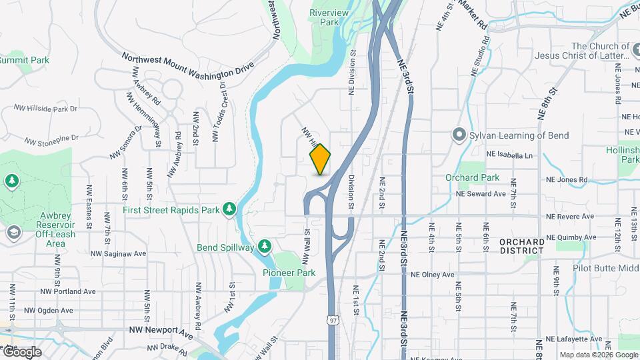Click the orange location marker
tap(321, 159)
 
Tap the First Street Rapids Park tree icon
tap(229, 209)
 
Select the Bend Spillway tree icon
tap(265, 247)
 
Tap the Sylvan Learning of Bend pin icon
tap(459, 135)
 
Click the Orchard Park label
tap(473, 177)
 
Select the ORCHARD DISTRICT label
tap(522, 246)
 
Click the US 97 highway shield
tap(332, 321)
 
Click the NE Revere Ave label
tap(569, 217)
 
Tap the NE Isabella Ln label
tap(510, 155)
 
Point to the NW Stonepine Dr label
tap(52, 139)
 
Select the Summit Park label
tap(24, 60)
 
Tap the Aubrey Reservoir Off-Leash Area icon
tap(13, 233)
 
